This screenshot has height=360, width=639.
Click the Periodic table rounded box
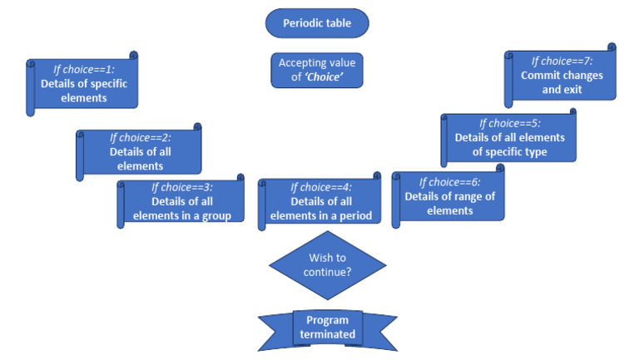[316, 23]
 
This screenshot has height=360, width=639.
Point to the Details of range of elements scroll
[450, 196]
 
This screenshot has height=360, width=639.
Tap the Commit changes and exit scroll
[562, 76]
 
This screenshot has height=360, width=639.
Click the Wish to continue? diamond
[327, 265]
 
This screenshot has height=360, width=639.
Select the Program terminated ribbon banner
[327, 328]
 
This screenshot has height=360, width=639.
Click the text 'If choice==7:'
[562, 61]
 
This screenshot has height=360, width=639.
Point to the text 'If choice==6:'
[450, 181]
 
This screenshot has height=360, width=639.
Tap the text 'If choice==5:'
[510, 122]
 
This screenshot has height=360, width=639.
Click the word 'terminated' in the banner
[328, 335]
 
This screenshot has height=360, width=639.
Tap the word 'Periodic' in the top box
[303, 23]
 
